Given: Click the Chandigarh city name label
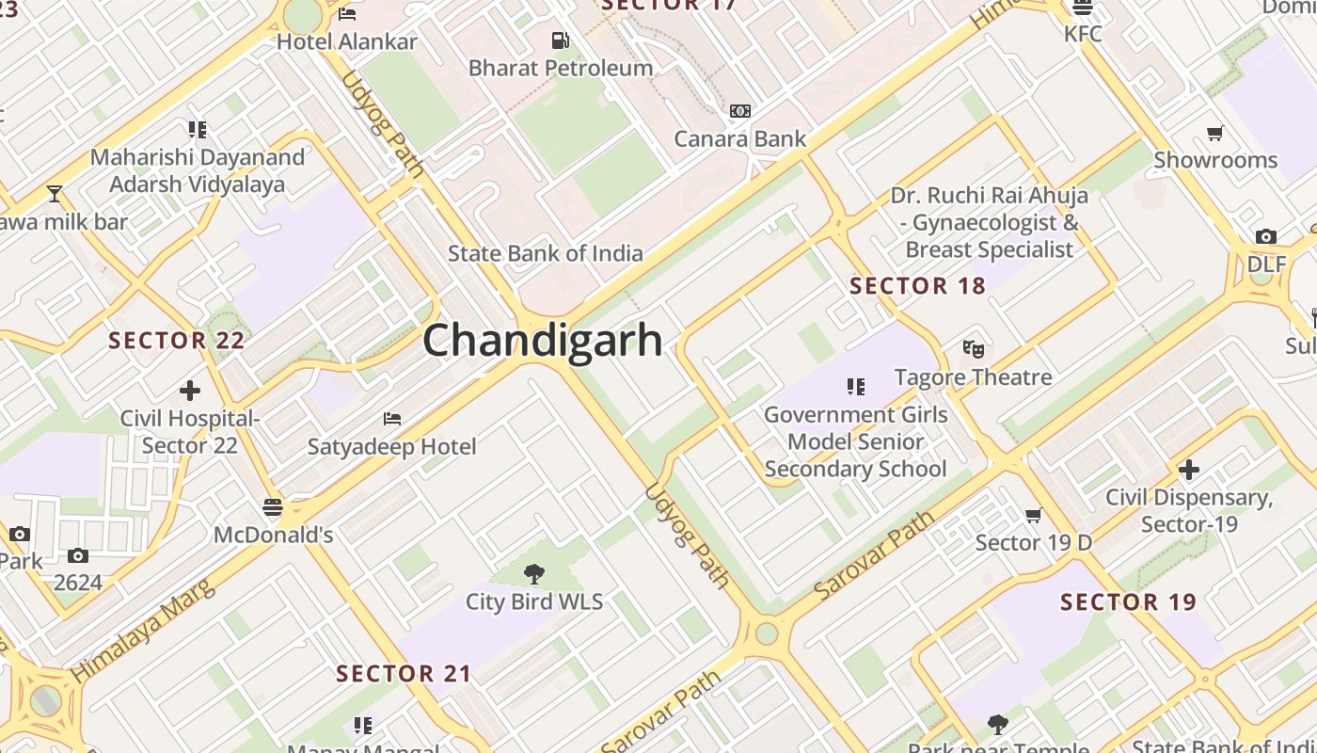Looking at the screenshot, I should tap(543, 340).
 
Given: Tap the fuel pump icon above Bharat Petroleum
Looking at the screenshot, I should tap(560, 40).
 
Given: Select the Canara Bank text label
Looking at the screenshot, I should tap(740, 139).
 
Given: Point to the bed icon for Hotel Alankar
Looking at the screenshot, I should tap(347, 14).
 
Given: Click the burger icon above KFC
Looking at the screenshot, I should tap(1083, 8).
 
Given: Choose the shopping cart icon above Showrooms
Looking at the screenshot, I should tap(1215, 133).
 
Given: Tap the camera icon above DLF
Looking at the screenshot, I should tap(1266, 237).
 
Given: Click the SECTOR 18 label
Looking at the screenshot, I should tap(917, 286).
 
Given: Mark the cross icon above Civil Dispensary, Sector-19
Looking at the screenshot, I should tap(1189, 469).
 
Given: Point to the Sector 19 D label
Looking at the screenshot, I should tap(1033, 542).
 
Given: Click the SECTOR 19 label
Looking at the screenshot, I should tap(1128, 602).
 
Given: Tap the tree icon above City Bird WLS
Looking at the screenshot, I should tap(534, 573).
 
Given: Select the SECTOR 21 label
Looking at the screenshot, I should tap(404, 674).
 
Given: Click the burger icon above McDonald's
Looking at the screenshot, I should tap(273, 508).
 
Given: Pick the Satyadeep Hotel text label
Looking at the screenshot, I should tap(392, 447).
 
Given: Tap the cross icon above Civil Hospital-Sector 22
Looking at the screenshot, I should tap(189, 390).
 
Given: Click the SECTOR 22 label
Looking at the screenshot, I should tap(177, 341).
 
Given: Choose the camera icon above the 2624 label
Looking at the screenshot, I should tap(77, 556).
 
